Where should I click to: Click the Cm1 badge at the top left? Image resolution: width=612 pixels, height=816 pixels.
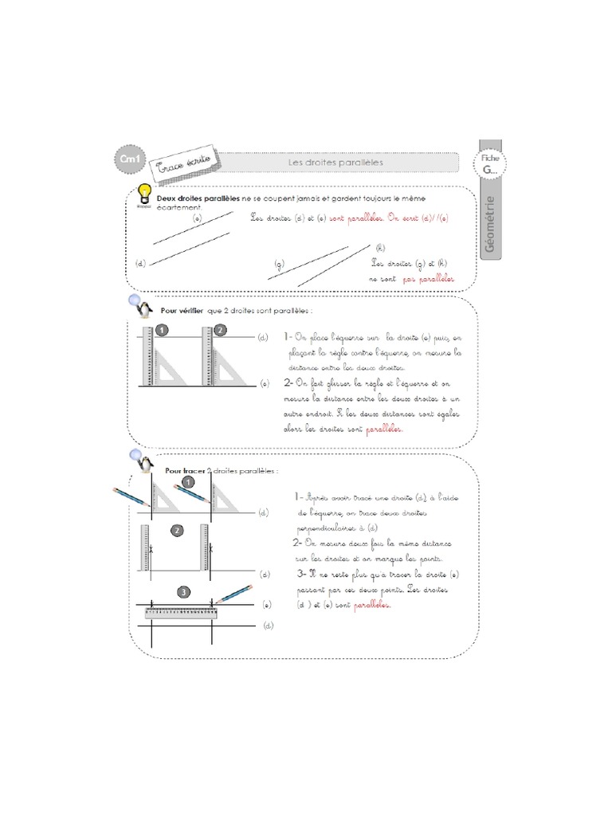pos(128,161)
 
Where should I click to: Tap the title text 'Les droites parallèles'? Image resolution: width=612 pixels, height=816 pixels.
pos(335,163)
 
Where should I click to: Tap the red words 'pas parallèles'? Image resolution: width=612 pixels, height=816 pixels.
pos(428,280)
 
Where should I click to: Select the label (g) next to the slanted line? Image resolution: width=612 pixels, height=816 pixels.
pos(279,263)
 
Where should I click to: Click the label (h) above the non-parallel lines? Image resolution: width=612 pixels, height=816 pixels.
pos(379,248)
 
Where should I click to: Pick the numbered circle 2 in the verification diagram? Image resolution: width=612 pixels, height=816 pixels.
pos(220,330)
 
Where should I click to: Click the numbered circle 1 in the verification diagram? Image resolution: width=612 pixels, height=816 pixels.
pos(161,330)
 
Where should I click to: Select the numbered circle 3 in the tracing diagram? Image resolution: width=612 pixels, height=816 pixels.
pos(184,592)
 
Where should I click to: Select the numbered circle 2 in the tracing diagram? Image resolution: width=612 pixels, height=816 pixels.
pos(177,530)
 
